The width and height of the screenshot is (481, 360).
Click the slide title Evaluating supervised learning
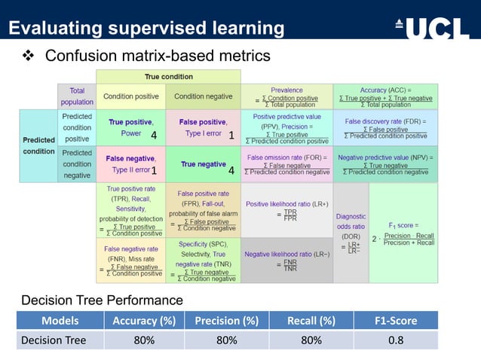coord(146,29)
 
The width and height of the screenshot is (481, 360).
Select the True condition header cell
coord(168,77)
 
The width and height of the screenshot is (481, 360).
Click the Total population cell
coord(77,96)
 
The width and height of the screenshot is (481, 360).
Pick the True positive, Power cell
coord(130,127)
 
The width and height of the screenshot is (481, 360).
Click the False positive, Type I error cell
coord(202,127)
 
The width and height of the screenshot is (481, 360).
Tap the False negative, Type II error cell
coord(130,164)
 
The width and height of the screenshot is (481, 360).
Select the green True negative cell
coord(202,164)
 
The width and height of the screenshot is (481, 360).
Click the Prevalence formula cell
coord(286,96)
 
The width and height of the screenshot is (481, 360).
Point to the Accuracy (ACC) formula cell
coord(385,96)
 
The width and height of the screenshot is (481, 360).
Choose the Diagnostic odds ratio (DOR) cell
coord(350,233)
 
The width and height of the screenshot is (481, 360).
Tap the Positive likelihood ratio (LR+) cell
coord(286,210)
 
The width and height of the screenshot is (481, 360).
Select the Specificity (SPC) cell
coord(202,261)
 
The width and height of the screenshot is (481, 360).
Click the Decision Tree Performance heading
coord(102,301)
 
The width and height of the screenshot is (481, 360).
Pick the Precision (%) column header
coord(226,321)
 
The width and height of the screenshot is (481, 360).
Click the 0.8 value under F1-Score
coord(396,340)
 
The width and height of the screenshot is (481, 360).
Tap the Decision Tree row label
coord(54,340)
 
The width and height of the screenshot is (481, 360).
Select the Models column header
coord(60,321)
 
